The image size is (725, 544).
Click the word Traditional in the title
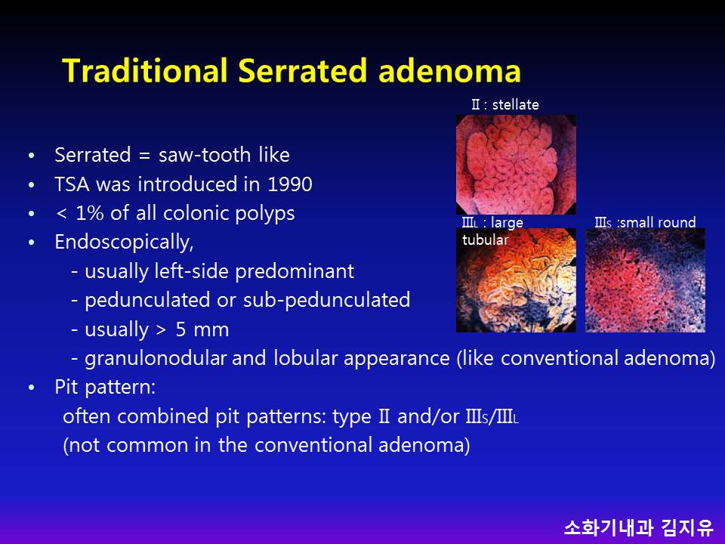145,71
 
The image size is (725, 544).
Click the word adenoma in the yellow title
449,71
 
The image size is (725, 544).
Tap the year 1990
290,184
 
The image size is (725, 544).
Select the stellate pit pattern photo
516,165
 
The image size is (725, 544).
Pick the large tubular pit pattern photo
516,280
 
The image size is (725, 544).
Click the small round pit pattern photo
646,280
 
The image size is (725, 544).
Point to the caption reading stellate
515,104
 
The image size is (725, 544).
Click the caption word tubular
485,240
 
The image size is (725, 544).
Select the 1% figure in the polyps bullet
89,213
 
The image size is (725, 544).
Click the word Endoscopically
124,243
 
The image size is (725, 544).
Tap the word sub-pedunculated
326,300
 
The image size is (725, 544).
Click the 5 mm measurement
202,330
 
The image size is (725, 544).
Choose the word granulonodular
156,358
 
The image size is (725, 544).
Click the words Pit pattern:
105,387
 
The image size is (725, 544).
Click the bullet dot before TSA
32,185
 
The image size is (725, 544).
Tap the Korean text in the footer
639,527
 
